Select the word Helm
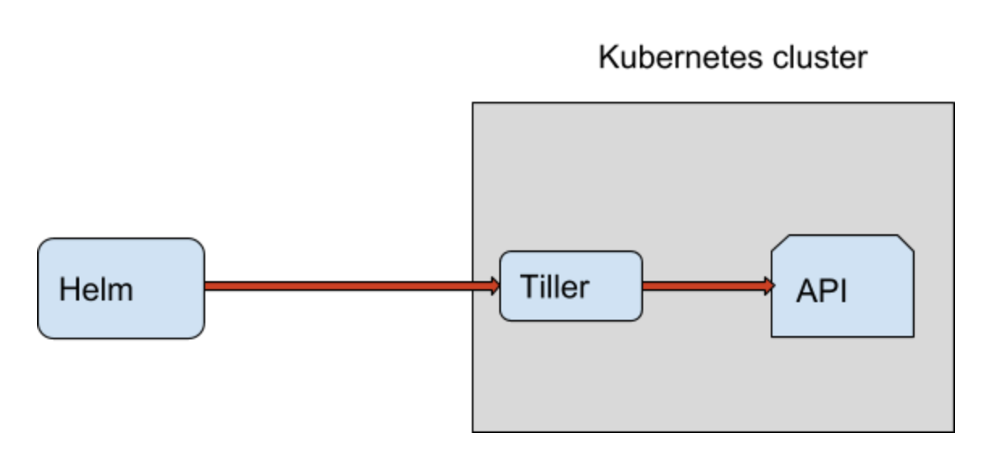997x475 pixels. pos(96,289)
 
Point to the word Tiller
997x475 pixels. pos(554,287)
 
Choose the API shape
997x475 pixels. pos(842,311)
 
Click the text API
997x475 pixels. pos(822,291)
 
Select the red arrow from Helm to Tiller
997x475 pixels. pos(347,285)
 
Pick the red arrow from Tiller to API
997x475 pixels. pos(703,285)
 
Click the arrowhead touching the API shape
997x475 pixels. pos(767,285)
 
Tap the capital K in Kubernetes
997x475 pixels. pos(607,58)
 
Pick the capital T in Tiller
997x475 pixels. pos(528,287)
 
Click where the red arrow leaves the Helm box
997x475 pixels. pos(206,285)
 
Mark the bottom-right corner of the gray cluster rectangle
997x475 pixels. pos(953,431)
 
